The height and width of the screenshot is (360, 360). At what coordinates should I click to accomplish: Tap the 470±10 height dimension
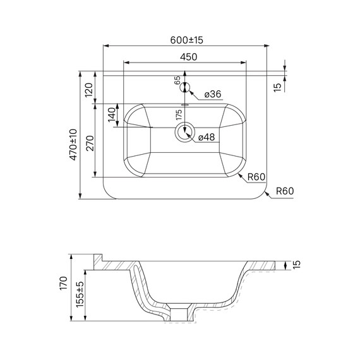73,144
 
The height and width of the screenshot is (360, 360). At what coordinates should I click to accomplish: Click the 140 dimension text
111,116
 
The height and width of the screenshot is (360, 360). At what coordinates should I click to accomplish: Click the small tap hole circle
185,88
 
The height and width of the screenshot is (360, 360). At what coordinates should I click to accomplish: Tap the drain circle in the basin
185,131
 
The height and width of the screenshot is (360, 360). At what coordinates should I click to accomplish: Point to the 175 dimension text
179,114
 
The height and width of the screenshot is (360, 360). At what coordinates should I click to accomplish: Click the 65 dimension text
177,81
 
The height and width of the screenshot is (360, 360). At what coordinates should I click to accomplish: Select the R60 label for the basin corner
256,177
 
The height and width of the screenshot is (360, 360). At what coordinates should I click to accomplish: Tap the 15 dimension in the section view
296,264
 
